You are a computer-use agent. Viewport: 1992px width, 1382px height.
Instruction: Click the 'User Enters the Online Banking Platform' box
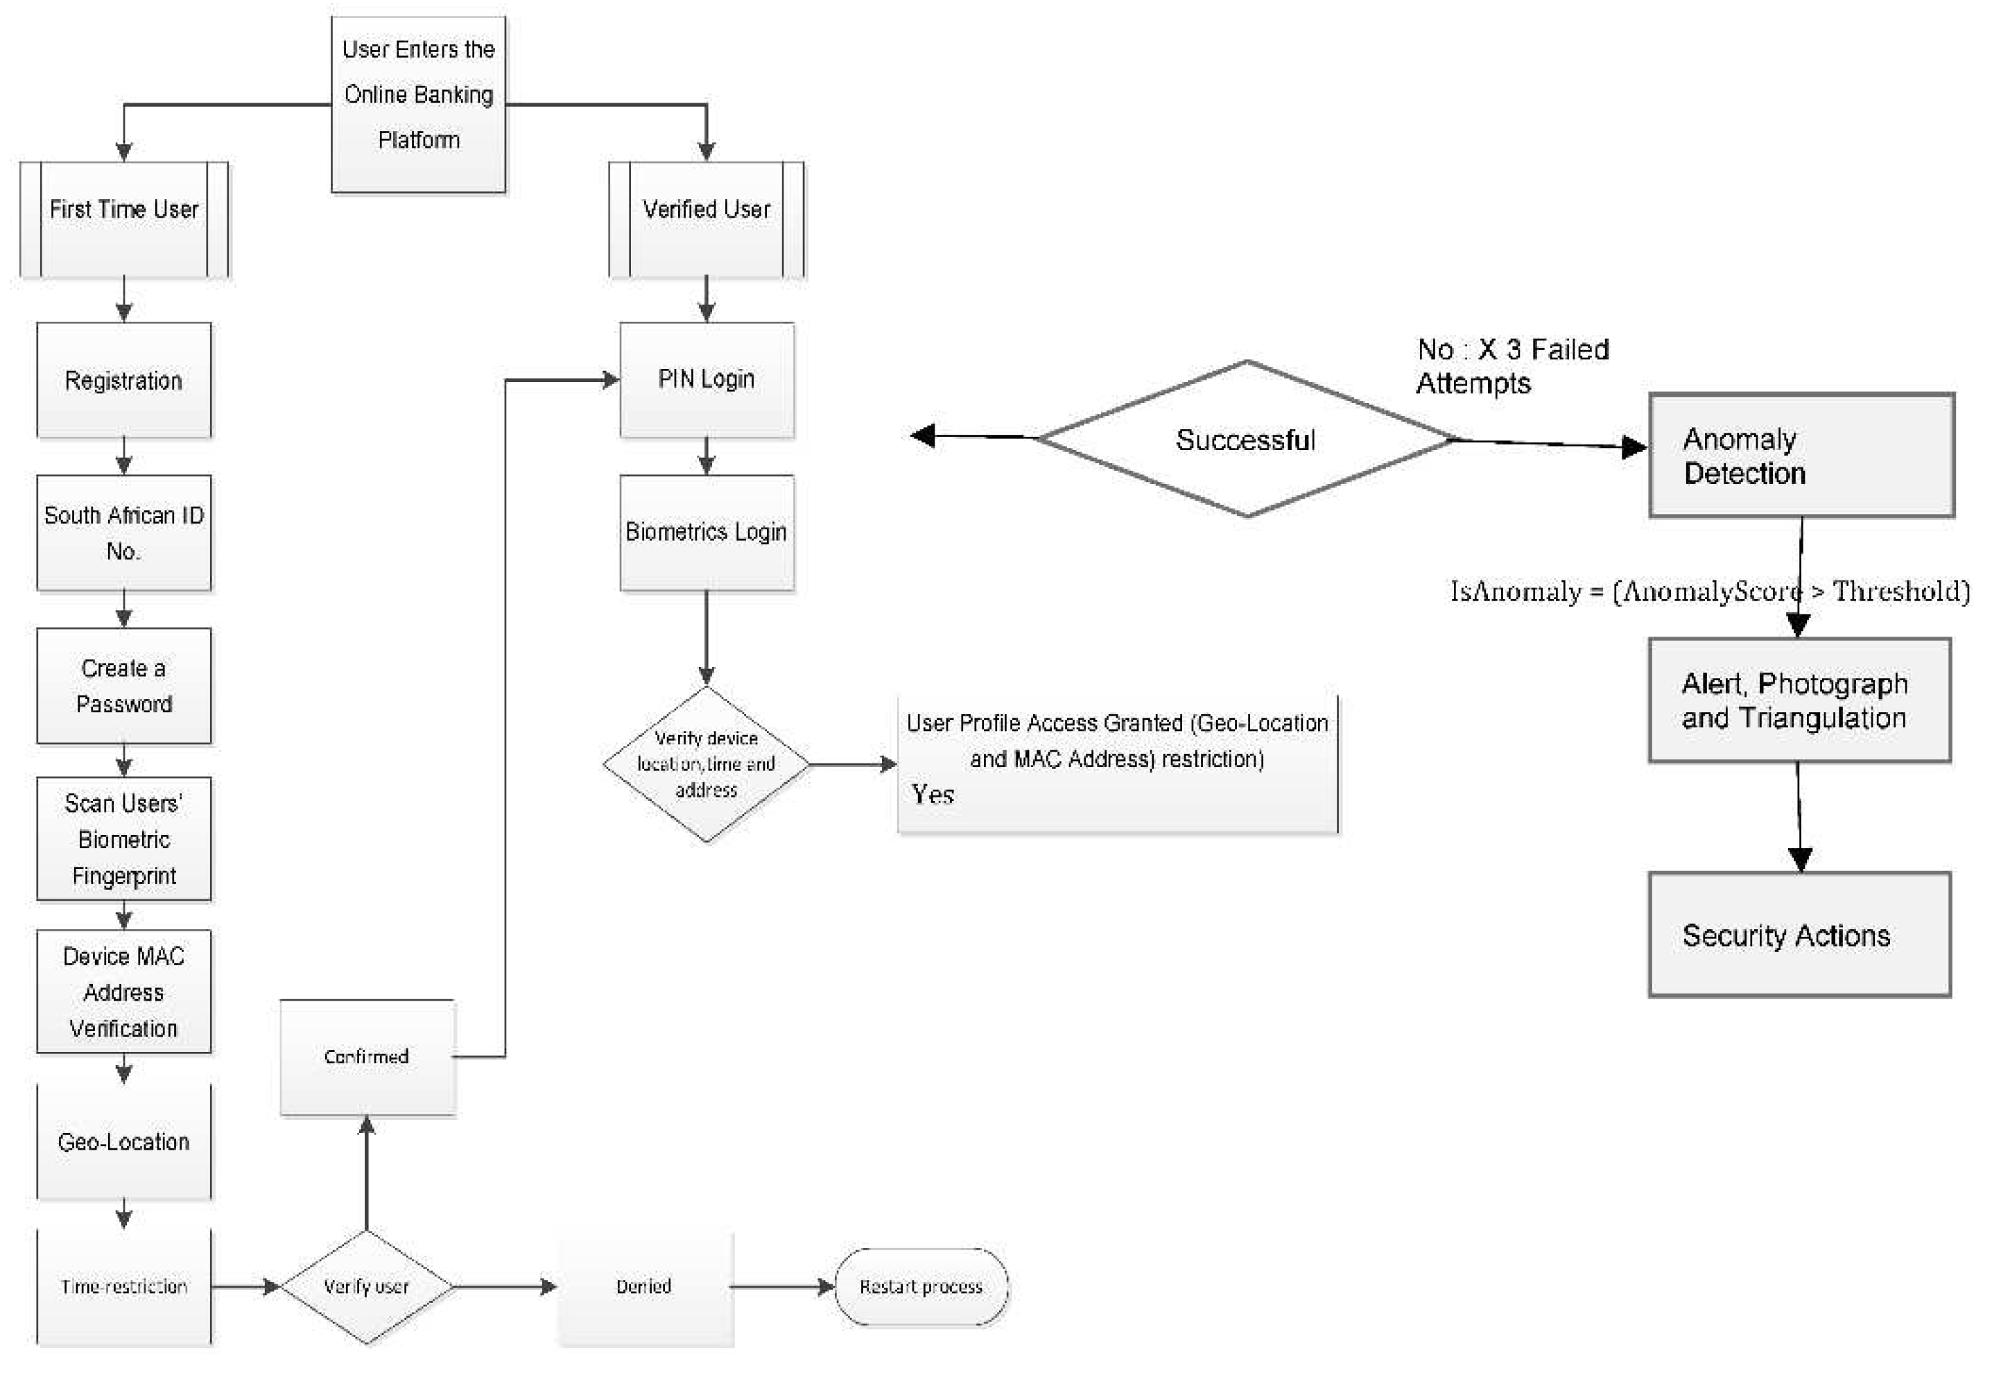pyautogui.click(x=418, y=104)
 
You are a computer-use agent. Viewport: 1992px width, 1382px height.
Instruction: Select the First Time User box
pyautogui.click(x=124, y=219)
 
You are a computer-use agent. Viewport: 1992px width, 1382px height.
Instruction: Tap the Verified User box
pyautogui.click(x=706, y=219)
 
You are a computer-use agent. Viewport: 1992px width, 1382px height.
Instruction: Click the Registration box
pyautogui.click(x=124, y=380)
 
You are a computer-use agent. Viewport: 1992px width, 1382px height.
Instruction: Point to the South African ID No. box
pyautogui.click(x=124, y=533)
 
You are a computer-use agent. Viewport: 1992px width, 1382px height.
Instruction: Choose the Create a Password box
pyautogui.click(x=124, y=685)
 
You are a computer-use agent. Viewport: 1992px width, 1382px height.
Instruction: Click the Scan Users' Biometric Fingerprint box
pyautogui.click(x=124, y=838)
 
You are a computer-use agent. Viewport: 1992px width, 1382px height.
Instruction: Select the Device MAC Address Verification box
pyautogui.click(x=124, y=992)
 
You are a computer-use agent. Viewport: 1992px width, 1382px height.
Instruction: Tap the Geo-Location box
pyautogui.click(x=124, y=1141)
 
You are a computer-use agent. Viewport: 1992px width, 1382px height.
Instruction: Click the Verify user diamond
pyautogui.click(x=366, y=1287)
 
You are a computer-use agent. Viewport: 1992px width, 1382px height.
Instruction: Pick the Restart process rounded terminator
pyautogui.click(x=920, y=1287)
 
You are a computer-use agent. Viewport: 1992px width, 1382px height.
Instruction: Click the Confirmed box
pyautogui.click(x=366, y=1056)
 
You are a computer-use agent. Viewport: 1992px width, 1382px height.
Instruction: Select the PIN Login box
pyautogui.click(x=706, y=379)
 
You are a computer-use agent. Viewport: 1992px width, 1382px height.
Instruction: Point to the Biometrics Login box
pyautogui.click(x=706, y=532)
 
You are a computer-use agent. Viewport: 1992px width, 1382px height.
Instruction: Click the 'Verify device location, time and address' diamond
pyautogui.click(x=706, y=763)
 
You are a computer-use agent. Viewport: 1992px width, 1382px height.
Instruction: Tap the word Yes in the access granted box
pyautogui.click(x=933, y=794)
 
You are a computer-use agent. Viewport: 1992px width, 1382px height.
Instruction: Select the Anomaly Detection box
pyautogui.click(x=1801, y=456)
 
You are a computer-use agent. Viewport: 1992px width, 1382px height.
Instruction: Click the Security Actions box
pyautogui.click(x=1799, y=935)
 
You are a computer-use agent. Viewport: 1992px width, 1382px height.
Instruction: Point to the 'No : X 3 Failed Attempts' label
pyautogui.click(x=1512, y=365)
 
